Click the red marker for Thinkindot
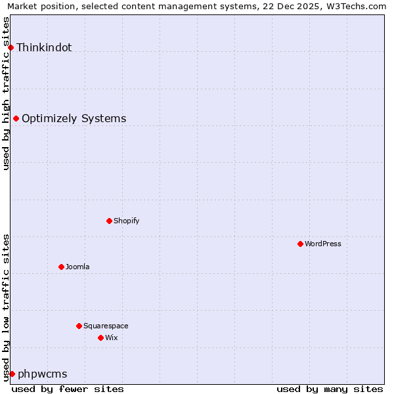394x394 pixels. click(x=11, y=47)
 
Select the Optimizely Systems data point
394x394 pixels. click(x=16, y=118)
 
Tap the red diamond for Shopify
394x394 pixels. click(x=109, y=221)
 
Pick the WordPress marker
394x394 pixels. click(x=300, y=244)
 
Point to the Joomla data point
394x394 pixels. click(x=61, y=267)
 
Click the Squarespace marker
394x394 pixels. click(x=79, y=326)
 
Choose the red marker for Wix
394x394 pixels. click(x=100, y=338)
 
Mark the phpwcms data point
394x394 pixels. click(x=12, y=374)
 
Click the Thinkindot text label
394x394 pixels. click(x=44, y=47)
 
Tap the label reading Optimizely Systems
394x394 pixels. click(x=74, y=118)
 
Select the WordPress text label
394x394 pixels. click(x=323, y=244)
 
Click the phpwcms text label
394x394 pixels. click(x=43, y=374)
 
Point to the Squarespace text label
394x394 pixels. click(x=106, y=326)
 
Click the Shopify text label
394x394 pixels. click(x=127, y=221)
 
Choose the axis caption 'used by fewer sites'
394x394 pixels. click(x=68, y=389)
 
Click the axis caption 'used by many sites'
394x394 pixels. click(x=330, y=389)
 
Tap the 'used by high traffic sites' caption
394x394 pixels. click(x=6, y=93)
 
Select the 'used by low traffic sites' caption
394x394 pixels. click(x=6, y=307)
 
